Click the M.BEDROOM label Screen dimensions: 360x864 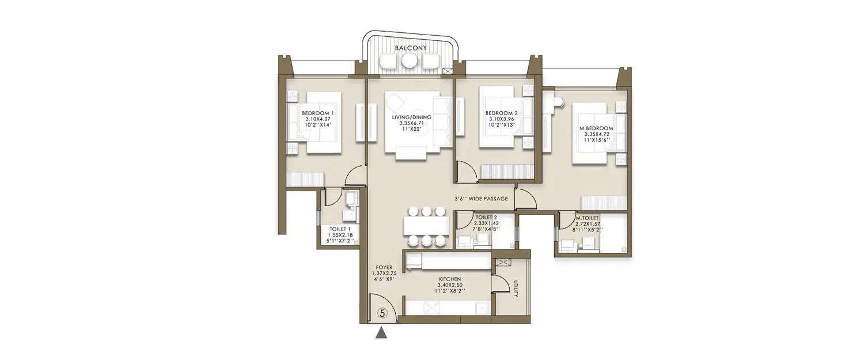click(596, 128)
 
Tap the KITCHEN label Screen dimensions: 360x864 click(449, 279)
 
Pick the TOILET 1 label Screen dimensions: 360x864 click(340, 229)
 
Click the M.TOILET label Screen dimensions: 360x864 click(587, 218)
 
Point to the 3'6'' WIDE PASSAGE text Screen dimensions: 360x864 click(481, 199)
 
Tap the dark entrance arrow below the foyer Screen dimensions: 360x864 click(381, 333)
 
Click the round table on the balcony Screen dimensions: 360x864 click(410, 60)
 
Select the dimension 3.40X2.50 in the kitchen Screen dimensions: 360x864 click(449, 285)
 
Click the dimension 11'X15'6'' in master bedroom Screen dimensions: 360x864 click(596, 141)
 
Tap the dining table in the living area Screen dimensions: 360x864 click(426, 225)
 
